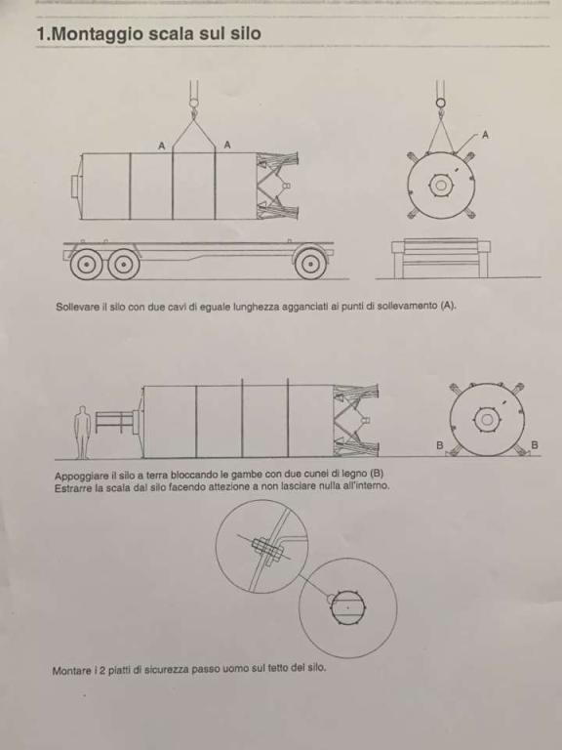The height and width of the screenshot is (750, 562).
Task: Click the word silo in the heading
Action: [x=246, y=33]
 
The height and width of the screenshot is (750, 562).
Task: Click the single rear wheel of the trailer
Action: [x=310, y=263]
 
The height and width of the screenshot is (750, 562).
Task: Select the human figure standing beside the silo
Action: [x=83, y=432]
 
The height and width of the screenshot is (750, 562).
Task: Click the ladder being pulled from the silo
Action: [x=114, y=422]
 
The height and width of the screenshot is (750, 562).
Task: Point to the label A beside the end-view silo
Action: [x=485, y=136]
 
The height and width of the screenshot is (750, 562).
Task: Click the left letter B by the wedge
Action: [x=440, y=445]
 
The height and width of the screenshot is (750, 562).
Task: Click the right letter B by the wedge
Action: [x=535, y=445]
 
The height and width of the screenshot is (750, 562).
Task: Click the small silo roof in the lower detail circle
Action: [x=348, y=607]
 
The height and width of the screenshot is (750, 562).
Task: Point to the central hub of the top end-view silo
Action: [x=440, y=186]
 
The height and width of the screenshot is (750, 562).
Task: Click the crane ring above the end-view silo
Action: [x=441, y=103]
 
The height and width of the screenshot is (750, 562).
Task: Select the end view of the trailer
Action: [x=441, y=258]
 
